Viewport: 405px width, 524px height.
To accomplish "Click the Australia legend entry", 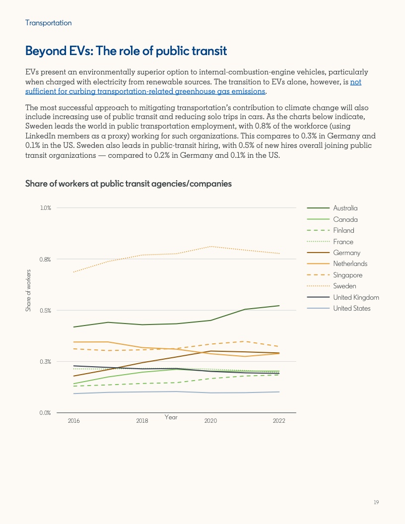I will [345, 208].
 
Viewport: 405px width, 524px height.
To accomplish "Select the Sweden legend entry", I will [344, 286].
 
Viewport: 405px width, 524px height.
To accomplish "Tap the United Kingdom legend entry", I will [356, 297].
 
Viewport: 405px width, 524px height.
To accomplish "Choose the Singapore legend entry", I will [347, 275].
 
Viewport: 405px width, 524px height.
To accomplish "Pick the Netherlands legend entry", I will [350, 264].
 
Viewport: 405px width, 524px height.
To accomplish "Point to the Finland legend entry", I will [343, 230].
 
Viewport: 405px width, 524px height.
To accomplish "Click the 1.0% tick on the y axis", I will [46, 208].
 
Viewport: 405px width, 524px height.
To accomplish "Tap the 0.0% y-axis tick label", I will [46, 413].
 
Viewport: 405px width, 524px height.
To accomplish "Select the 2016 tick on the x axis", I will [73, 421].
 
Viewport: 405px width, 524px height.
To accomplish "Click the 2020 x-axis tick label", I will [210, 421].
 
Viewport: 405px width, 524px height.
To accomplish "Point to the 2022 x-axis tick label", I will [279, 421].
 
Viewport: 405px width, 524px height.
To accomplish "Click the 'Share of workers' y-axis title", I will [28, 291].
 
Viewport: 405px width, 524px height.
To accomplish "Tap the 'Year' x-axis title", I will [171, 417].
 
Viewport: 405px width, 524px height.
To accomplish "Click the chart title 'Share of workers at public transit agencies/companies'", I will [129, 184].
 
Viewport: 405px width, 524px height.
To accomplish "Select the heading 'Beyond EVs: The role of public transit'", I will [126, 51].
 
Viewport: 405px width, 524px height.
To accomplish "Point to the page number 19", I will [376, 503].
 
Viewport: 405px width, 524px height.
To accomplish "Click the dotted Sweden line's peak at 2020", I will [211, 246].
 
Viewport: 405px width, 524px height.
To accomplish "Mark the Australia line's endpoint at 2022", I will [279, 306].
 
